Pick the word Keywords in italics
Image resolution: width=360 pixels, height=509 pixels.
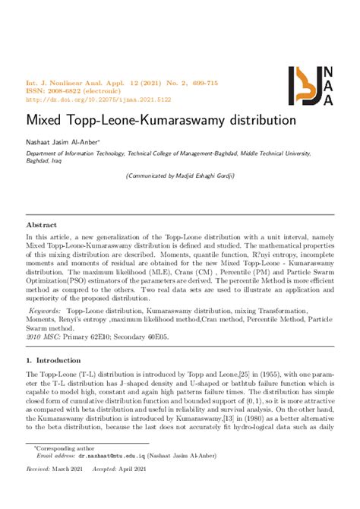click(45, 311)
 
